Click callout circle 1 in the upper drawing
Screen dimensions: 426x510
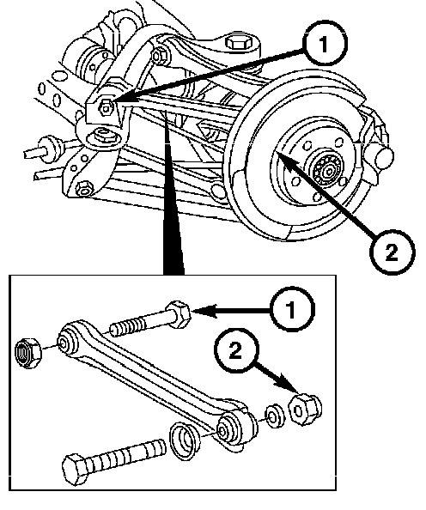pyautogui.click(x=324, y=45)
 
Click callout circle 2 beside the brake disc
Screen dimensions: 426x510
pyautogui.click(x=392, y=252)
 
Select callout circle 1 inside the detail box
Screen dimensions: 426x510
pyautogui.click(x=292, y=309)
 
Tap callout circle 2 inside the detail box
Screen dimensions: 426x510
pyautogui.click(x=236, y=351)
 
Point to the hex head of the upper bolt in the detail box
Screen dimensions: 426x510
pyautogui.click(x=179, y=315)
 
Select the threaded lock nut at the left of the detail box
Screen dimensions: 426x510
pyautogui.click(x=28, y=354)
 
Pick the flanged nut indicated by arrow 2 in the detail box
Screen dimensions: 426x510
pyautogui.click(x=305, y=409)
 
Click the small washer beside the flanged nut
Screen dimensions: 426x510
pyautogui.click(x=274, y=416)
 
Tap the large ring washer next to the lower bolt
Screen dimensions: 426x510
pyautogui.click(x=185, y=441)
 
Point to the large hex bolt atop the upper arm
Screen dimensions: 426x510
pyautogui.click(x=238, y=44)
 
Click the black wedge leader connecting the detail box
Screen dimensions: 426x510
pyautogui.click(x=173, y=208)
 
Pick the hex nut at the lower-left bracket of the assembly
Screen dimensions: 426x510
pyautogui.click(x=83, y=187)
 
